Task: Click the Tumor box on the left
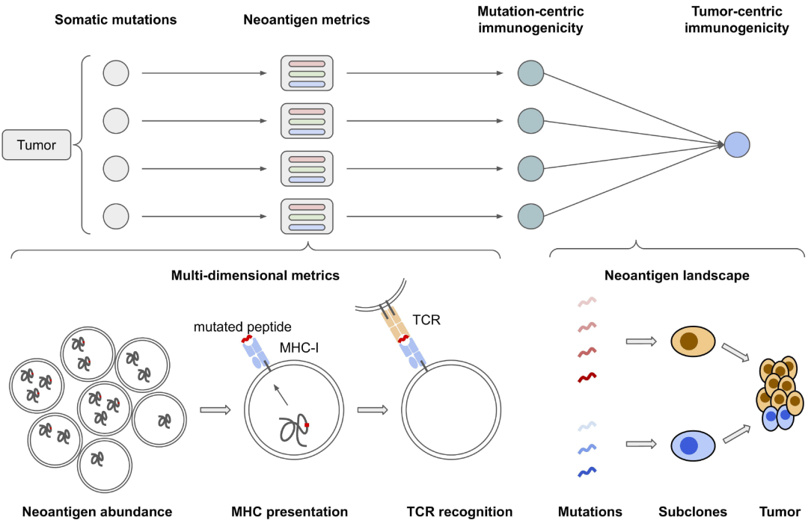click(x=37, y=145)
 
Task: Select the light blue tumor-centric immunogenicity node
click(x=737, y=145)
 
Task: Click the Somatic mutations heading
click(x=116, y=20)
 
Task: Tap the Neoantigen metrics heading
click(x=307, y=20)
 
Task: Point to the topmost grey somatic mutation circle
click(x=116, y=73)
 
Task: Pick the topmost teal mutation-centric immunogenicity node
click(x=530, y=73)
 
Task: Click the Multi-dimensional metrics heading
click(x=256, y=275)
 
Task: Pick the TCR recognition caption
click(x=459, y=512)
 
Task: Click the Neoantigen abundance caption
click(x=97, y=512)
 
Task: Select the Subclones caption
click(x=693, y=512)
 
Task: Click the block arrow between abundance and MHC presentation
click(x=215, y=409)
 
